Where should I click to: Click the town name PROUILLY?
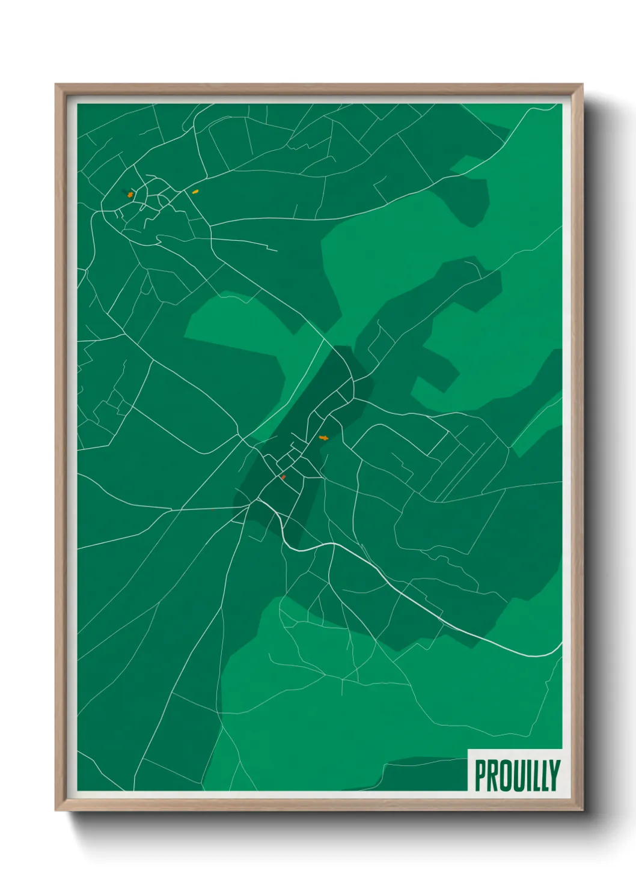click(x=517, y=775)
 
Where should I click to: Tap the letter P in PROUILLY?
click(x=480, y=775)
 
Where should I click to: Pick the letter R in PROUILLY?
click(x=492, y=775)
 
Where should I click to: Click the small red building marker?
click(x=283, y=478)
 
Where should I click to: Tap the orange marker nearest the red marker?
click(x=323, y=438)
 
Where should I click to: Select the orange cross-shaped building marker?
click(x=130, y=195)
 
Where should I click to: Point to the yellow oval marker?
click(x=195, y=192)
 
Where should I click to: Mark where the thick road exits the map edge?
click(x=561, y=644)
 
